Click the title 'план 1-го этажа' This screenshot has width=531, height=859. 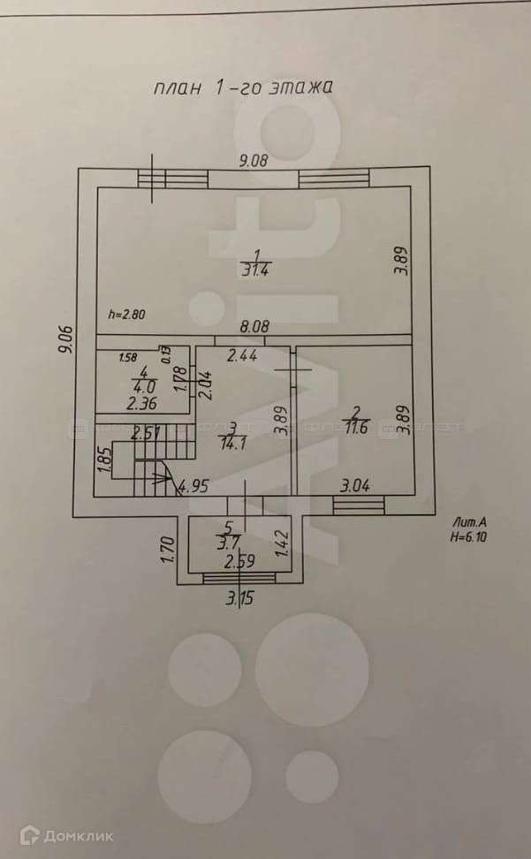tap(242, 88)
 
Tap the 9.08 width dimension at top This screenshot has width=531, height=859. tap(254, 161)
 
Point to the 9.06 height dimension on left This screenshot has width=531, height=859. tap(64, 337)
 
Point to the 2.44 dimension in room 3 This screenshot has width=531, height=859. tap(242, 356)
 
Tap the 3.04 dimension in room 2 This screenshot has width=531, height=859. tap(357, 484)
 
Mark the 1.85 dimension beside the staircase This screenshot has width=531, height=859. tap(103, 461)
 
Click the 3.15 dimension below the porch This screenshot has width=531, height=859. tap(239, 597)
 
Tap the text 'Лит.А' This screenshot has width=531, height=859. tap(467, 521)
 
